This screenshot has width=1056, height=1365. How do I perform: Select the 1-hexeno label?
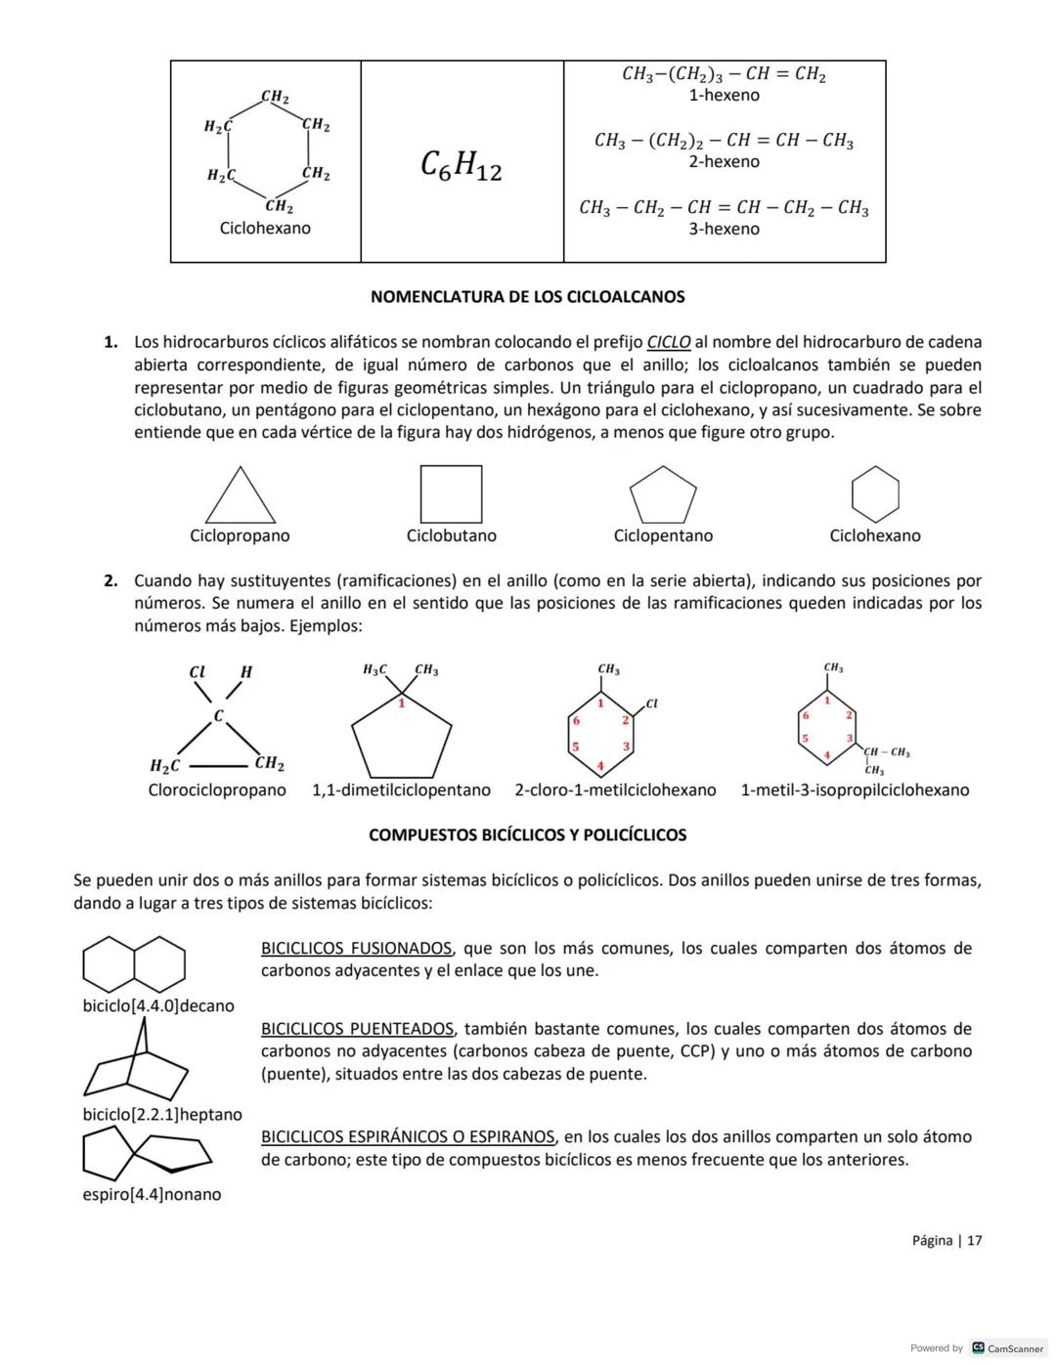point(724,95)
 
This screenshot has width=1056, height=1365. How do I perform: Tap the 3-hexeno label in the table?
point(724,229)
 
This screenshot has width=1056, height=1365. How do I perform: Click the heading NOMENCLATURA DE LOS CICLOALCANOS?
point(528,296)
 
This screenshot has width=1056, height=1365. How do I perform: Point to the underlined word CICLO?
point(669,342)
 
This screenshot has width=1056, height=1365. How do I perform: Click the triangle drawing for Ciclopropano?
point(240,499)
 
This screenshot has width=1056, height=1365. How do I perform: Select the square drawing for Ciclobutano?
point(451,494)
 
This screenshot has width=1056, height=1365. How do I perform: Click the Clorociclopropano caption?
point(217,789)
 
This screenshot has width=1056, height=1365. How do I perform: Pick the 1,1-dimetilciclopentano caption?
point(401,789)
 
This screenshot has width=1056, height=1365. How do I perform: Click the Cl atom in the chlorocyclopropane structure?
point(197,672)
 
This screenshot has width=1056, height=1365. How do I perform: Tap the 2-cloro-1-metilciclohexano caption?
point(615,789)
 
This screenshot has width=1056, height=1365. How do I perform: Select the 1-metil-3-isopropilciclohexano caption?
point(855,789)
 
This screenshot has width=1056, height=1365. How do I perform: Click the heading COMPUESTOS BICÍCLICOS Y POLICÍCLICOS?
point(527,835)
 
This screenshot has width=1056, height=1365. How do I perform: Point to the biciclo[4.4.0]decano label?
point(158,1005)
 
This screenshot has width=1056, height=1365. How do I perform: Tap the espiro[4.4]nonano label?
point(152,1194)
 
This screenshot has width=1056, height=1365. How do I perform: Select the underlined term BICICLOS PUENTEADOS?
point(357,1029)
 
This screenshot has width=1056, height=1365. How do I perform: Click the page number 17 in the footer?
point(974,1240)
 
